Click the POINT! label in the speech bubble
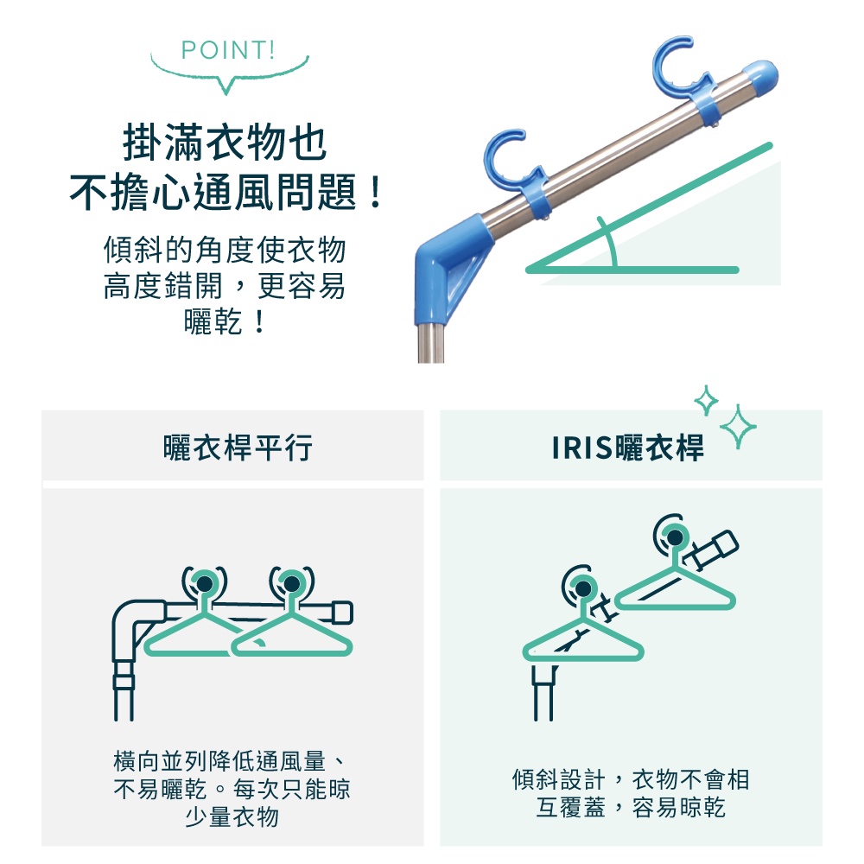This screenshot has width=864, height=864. click(x=227, y=50)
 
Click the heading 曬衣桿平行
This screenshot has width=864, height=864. click(x=238, y=447)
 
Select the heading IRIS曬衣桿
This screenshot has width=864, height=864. click(x=627, y=447)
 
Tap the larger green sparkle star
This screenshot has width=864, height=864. click(x=738, y=426)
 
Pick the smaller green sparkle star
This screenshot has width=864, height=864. click(x=706, y=401)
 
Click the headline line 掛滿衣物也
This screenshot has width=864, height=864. click(x=226, y=143)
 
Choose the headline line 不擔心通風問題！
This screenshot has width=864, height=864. click(x=226, y=192)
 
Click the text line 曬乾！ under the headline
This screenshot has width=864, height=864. click(x=226, y=321)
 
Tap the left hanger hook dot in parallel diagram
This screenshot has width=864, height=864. click(x=205, y=583)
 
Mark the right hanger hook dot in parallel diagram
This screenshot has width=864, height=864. click(x=292, y=583)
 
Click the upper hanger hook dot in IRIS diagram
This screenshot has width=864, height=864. click(x=675, y=537)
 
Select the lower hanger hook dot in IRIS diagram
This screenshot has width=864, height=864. click(x=583, y=588)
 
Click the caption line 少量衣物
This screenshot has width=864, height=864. click(x=232, y=816)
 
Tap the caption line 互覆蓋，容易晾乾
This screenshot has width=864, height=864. click(x=631, y=808)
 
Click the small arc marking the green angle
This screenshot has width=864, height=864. click(x=609, y=241)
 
